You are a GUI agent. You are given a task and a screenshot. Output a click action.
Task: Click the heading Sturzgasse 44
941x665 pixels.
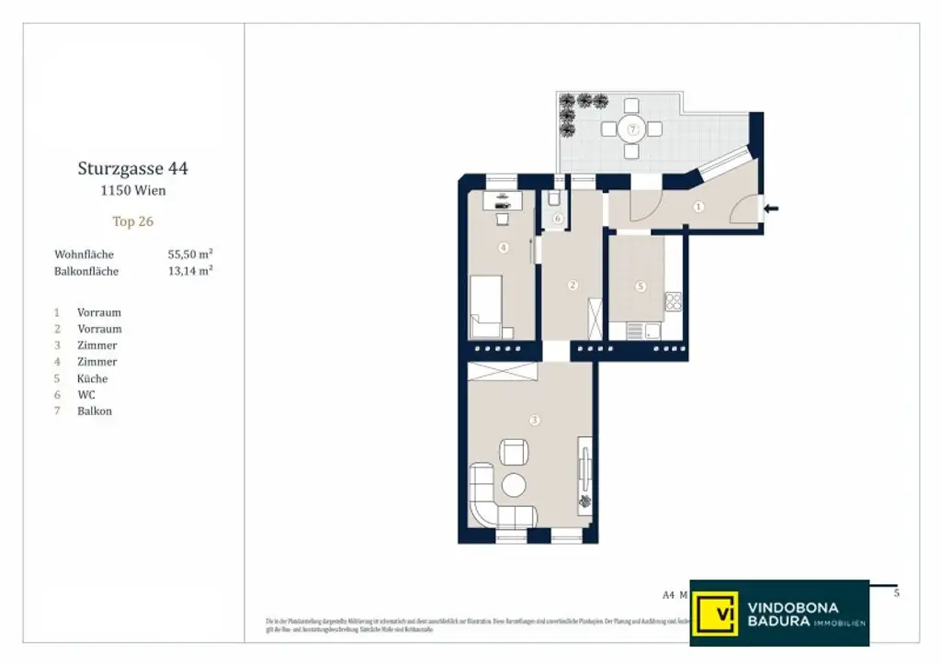coord(133,169)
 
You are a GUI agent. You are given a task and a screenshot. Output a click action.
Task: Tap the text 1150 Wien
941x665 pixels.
coord(133,191)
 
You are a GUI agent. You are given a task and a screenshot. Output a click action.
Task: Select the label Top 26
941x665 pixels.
coord(133,221)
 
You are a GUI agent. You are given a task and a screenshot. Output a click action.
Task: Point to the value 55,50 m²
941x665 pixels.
coord(190,254)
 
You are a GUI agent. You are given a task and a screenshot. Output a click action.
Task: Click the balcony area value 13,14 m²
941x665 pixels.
coord(190,271)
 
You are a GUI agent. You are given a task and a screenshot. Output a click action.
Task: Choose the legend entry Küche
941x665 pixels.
coord(92,378)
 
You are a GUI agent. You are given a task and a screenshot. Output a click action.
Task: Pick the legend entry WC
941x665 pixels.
coord(86,395)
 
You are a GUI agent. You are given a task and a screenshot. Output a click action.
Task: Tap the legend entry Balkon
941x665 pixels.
coord(94,411)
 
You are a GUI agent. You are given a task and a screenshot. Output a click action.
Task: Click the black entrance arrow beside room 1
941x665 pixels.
coord(771,209)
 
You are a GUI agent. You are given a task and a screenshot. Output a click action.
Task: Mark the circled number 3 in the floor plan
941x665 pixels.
coord(535,421)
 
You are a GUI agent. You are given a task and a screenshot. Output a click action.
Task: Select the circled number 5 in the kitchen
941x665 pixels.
coord(641,286)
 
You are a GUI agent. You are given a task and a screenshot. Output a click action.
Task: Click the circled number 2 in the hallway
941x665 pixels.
coord(573,286)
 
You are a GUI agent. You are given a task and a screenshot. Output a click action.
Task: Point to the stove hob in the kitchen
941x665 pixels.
coord(673,301)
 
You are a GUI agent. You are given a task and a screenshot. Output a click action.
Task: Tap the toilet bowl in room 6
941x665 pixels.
coord(554,199)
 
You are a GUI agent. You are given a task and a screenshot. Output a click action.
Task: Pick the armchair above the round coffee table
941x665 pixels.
coord(514,452)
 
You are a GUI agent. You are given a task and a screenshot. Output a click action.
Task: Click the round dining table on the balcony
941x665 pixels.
coord(631,129)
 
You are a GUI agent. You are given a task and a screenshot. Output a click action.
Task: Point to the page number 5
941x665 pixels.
coord(897,593)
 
